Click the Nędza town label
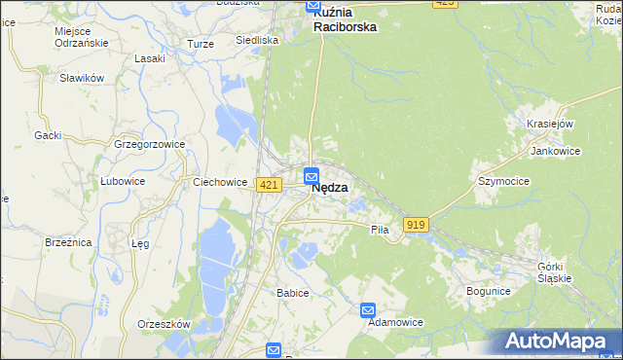330,189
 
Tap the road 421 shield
270,185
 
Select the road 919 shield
417,225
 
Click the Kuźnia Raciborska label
345,20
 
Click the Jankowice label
555,152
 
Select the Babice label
292,293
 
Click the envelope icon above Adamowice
368,310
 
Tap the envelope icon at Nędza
311,175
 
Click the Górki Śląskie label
557,271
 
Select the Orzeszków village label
163,324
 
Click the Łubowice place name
123,181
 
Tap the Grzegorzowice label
149,144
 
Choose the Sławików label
81,78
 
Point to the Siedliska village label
257,41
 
